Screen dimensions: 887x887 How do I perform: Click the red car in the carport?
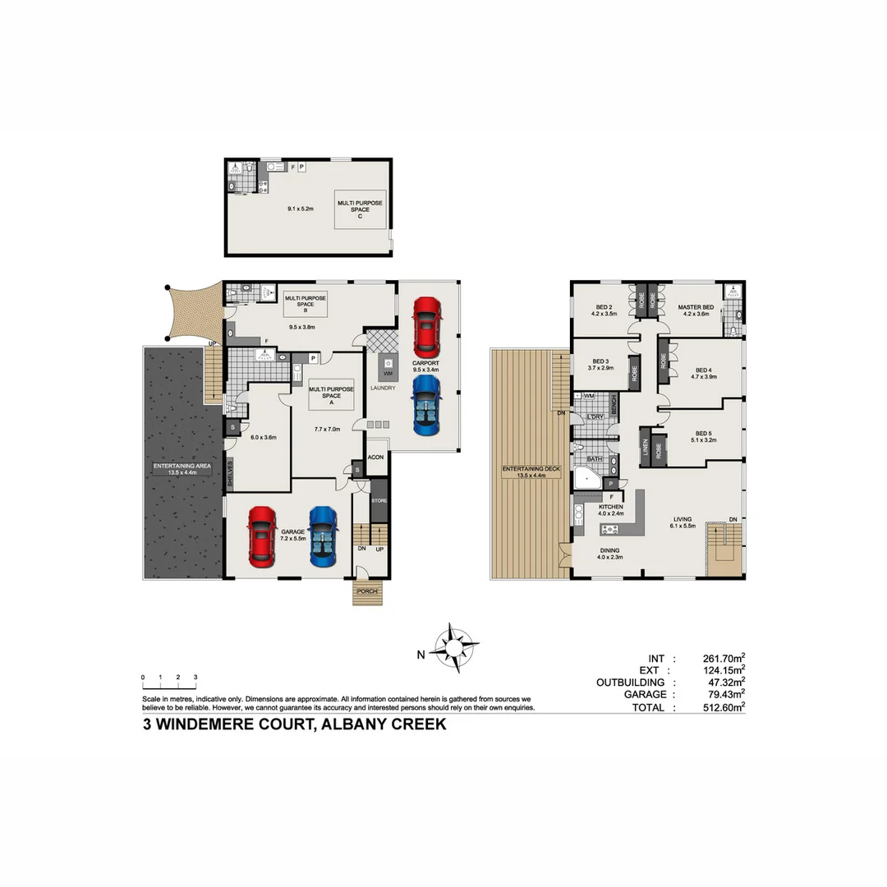click(427, 324)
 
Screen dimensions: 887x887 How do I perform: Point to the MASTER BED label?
click(695, 307)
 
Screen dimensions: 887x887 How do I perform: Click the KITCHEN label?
click(610, 508)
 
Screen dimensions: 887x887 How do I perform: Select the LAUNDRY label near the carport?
click(383, 388)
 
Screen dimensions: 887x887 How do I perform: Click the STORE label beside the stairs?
click(379, 500)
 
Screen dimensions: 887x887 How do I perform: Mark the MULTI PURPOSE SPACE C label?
click(359, 209)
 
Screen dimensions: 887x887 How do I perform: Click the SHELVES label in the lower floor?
click(231, 475)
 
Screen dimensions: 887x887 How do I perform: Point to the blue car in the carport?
click(426, 406)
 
